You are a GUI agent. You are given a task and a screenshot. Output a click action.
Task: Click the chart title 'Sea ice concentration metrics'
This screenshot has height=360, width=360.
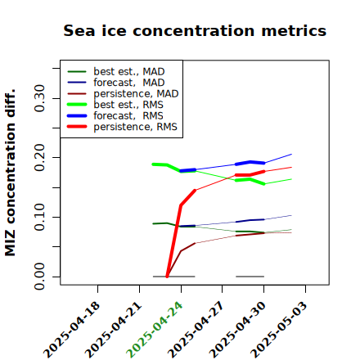pyautogui.click(x=195, y=30)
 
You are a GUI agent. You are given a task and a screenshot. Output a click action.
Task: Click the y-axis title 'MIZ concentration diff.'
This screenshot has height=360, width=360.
pyautogui.click(x=10, y=173)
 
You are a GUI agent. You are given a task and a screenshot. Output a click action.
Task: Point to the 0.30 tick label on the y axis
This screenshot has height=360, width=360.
pyautogui.click(x=40, y=98)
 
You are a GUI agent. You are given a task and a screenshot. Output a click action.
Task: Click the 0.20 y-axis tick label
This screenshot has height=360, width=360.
pyautogui.click(x=40, y=158)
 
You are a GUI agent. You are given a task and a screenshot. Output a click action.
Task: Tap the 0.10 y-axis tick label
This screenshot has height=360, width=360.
pyautogui.click(x=40, y=217)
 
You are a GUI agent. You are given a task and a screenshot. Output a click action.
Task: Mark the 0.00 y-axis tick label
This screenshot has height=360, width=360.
pyautogui.click(x=40, y=277)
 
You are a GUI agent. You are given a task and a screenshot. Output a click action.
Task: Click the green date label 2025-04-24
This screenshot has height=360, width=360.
pyautogui.click(x=155, y=330)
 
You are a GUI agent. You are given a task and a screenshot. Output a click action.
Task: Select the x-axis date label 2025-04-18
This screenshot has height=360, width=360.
pyautogui.click(x=71, y=330)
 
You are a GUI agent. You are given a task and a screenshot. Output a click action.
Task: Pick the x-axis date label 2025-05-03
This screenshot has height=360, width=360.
pyautogui.click(x=279, y=330)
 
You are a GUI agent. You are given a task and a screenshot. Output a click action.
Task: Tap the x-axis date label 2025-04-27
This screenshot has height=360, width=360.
pyautogui.click(x=196, y=330)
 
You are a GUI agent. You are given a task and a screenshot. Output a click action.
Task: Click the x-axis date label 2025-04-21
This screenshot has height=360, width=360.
pyautogui.click(x=113, y=330)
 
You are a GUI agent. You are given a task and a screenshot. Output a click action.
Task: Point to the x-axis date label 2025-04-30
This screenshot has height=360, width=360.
pyautogui.click(x=237, y=330)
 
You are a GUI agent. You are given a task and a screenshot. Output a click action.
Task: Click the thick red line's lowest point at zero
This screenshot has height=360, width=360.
pyautogui.click(x=167, y=277)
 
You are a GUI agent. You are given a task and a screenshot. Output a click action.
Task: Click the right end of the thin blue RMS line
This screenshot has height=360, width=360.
pyautogui.click(x=291, y=155)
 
